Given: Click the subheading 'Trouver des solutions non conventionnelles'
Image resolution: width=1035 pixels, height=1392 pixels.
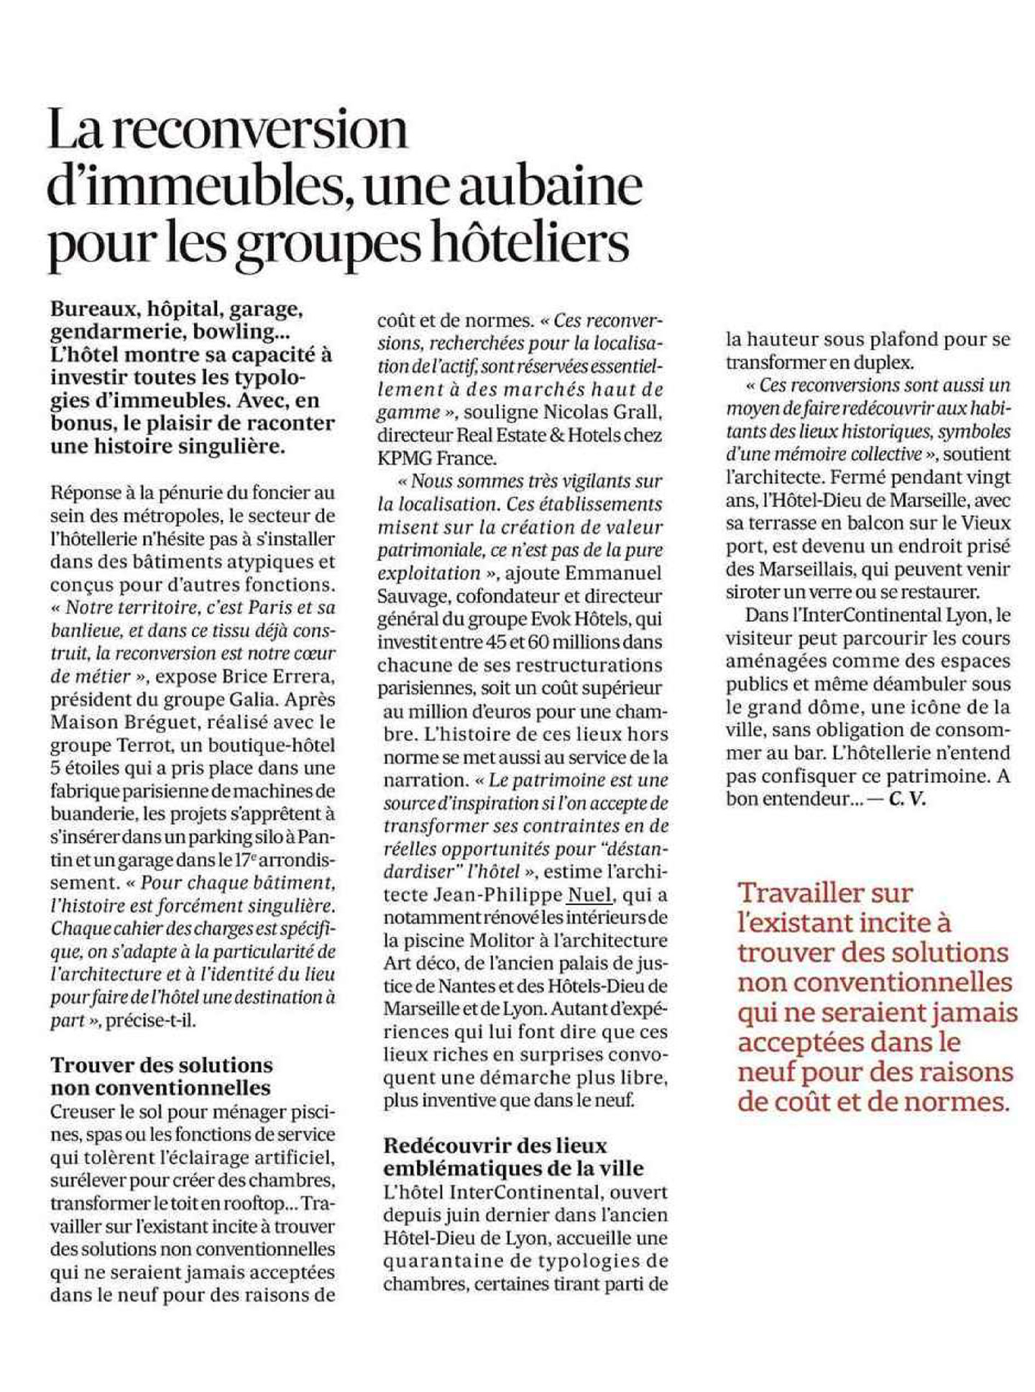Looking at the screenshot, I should point(162,1075).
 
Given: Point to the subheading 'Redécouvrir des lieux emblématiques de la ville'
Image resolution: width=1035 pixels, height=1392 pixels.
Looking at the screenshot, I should point(512,1155).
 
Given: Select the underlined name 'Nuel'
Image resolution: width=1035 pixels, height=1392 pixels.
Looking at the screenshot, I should point(589,894).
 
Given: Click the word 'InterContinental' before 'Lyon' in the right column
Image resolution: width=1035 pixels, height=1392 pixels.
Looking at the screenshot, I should point(872,615).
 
